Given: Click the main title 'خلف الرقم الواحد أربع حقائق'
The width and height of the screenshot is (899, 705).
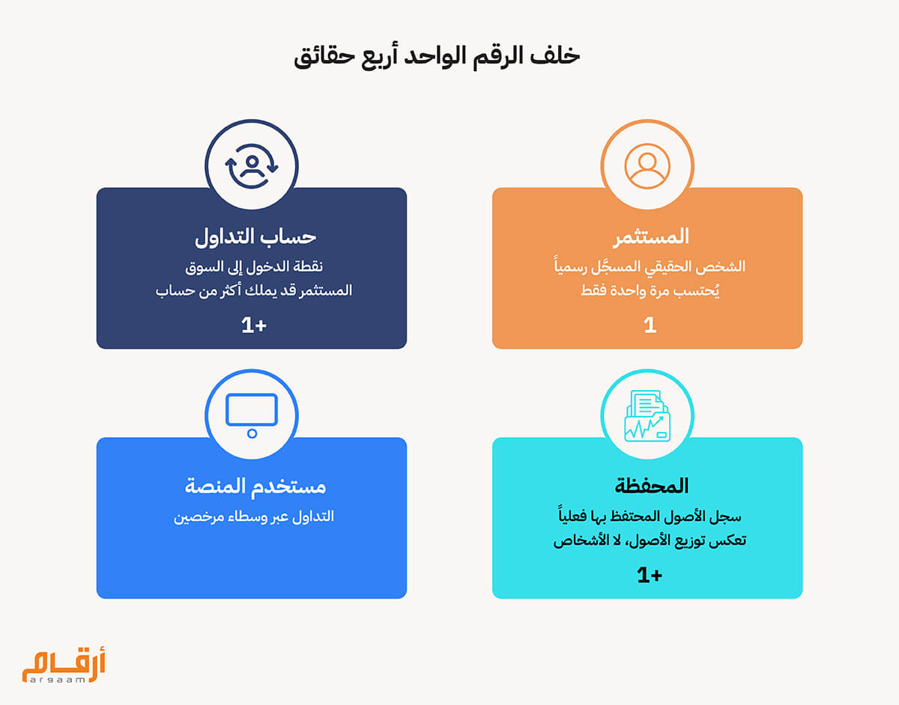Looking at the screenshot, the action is [437, 57].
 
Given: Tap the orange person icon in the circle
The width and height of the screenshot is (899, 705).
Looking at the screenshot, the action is [647, 165].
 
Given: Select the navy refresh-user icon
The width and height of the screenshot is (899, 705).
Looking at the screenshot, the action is [252, 165].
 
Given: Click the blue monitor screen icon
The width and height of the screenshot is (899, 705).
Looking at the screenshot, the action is [252, 415].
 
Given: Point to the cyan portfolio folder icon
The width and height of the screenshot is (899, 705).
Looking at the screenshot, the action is [647, 415].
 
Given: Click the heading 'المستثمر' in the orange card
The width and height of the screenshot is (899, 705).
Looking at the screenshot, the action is [651, 237].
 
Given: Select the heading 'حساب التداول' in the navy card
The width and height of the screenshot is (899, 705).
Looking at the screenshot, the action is [255, 237].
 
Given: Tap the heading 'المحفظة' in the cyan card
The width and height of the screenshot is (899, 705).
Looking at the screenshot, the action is [652, 486].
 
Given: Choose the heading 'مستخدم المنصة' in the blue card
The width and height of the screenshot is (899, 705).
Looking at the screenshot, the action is [255, 486].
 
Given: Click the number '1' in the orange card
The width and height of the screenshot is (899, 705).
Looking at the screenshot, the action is [650, 326].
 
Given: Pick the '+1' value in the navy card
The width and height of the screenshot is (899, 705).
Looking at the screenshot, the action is [254, 326].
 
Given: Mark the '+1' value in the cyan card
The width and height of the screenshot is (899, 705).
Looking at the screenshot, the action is [650, 575].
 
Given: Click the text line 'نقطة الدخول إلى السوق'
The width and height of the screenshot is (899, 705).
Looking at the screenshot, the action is [254, 267].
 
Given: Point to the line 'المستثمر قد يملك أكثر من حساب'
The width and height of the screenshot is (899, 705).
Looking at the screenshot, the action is [254, 290].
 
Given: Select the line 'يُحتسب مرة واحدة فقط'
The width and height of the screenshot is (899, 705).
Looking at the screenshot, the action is [650, 290].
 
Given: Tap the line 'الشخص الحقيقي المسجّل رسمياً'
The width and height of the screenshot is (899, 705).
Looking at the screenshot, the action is [650, 266].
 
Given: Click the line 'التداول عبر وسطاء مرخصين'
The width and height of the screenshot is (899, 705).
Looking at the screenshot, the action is [254, 516].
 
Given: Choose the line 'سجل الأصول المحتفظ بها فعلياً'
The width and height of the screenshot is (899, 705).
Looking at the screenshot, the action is [650, 516].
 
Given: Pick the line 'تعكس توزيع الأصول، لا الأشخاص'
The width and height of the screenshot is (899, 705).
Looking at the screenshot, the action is [650, 540].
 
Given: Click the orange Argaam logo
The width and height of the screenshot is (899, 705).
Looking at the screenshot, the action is [64, 665].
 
